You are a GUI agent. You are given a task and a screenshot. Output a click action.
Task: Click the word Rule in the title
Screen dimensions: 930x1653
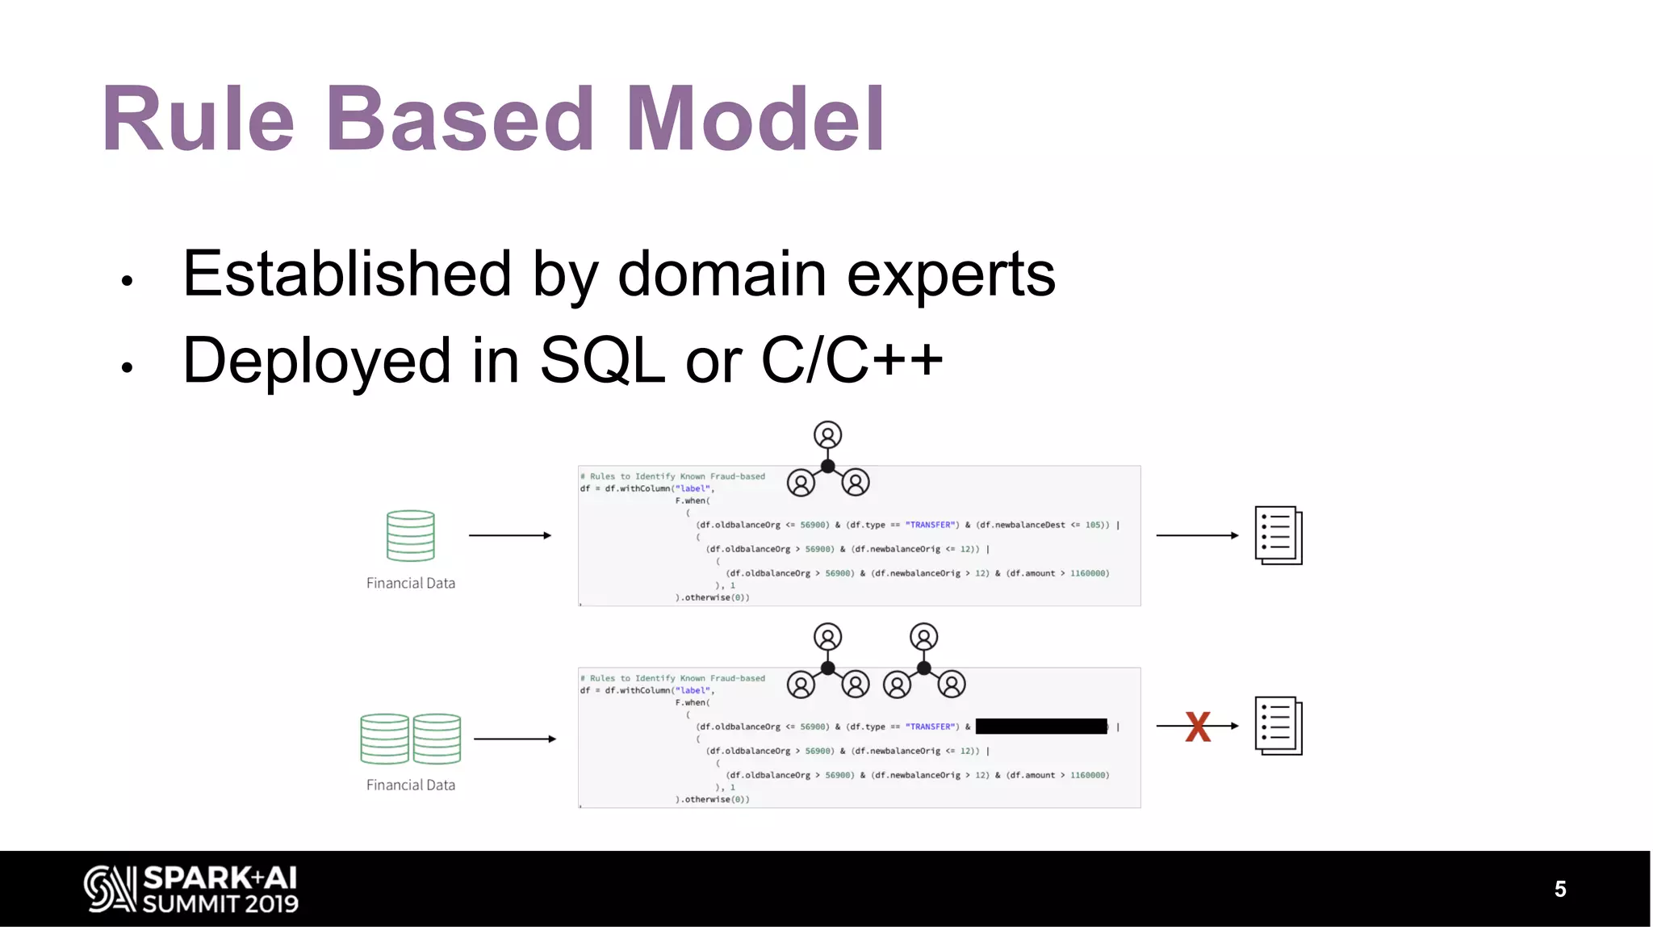(x=198, y=119)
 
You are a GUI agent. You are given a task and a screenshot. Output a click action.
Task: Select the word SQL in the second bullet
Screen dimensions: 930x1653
(x=601, y=361)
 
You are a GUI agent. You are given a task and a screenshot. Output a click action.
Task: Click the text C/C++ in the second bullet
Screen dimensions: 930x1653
(x=852, y=361)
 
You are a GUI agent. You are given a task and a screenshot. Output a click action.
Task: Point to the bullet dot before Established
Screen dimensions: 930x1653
(x=127, y=281)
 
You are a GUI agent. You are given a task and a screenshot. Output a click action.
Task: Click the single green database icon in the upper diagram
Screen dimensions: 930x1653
(x=411, y=535)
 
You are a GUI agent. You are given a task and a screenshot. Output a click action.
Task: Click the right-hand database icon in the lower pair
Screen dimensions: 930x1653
(x=437, y=739)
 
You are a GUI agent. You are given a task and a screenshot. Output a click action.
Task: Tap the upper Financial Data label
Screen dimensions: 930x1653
(x=411, y=583)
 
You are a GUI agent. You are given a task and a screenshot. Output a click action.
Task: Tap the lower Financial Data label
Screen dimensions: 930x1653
(x=411, y=785)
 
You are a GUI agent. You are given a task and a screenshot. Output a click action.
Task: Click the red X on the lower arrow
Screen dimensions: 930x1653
(x=1198, y=727)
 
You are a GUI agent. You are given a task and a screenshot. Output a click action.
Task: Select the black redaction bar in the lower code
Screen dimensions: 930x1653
(x=1041, y=727)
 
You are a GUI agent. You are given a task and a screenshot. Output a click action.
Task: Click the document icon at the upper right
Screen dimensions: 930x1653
(x=1278, y=535)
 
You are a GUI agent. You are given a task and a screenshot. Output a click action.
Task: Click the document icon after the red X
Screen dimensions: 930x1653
(x=1278, y=726)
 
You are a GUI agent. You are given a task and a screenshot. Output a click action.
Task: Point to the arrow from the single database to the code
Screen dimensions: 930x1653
(x=510, y=535)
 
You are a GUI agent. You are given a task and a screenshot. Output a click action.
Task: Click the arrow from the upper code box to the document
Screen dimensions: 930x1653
(x=1197, y=535)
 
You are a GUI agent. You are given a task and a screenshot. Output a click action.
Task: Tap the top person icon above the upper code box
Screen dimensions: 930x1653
(x=827, y=435)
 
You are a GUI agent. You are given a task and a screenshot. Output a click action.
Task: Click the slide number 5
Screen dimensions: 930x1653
(x=1559, y=889)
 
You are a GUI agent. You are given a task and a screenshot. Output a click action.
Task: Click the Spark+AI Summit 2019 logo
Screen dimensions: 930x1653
(x=191, y=889)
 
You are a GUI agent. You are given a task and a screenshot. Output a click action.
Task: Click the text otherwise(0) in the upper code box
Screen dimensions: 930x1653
(x=716, y=597)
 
